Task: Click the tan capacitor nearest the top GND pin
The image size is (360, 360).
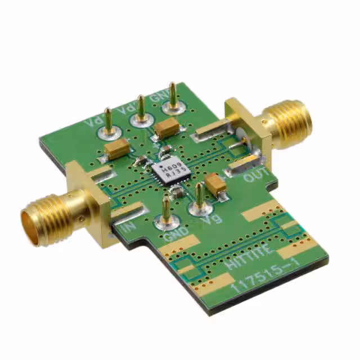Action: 166,128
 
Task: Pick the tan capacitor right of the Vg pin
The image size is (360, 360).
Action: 215,183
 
